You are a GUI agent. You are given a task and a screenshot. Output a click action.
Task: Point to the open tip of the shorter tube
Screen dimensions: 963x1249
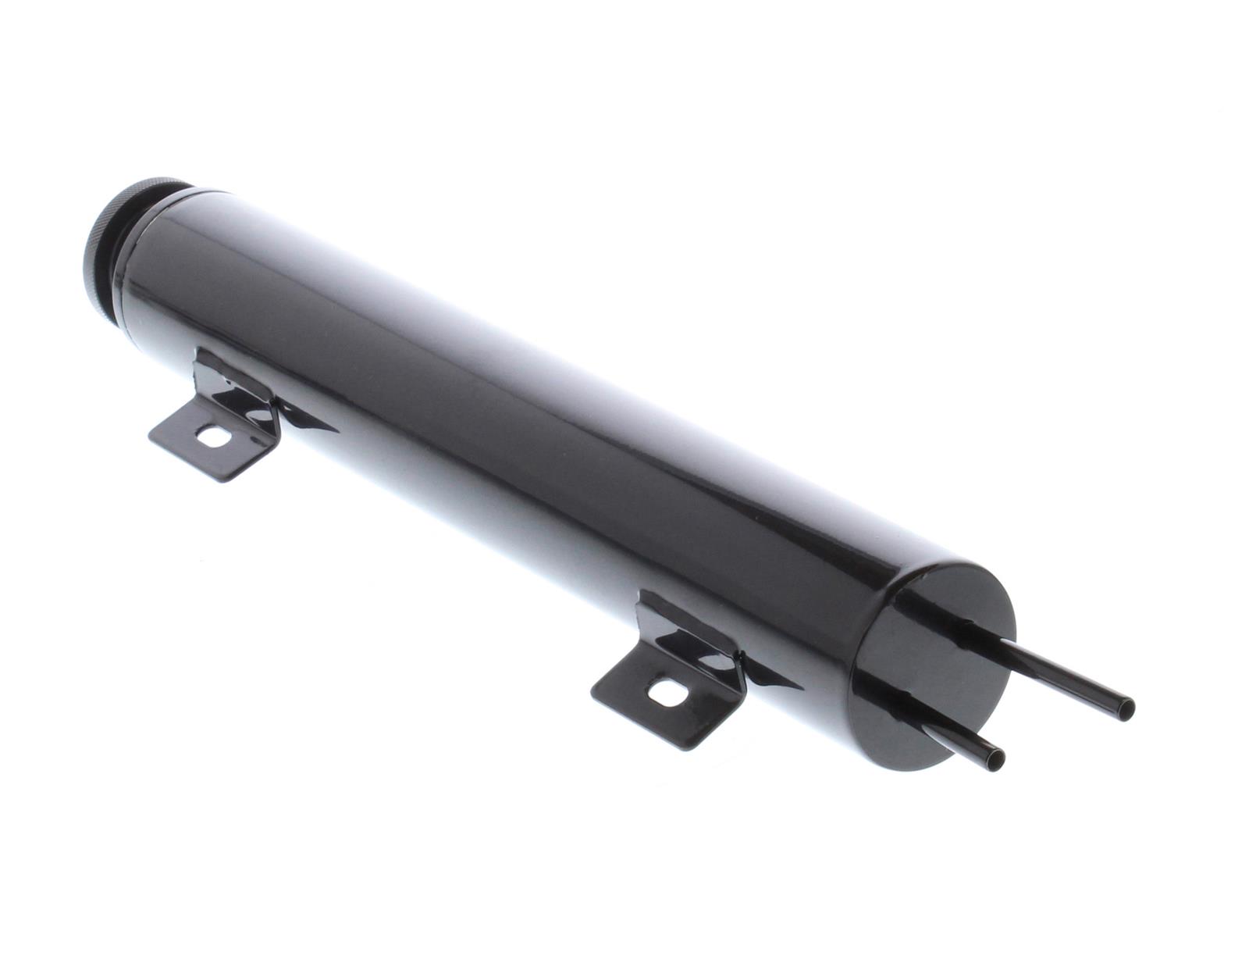pos(997,756)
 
